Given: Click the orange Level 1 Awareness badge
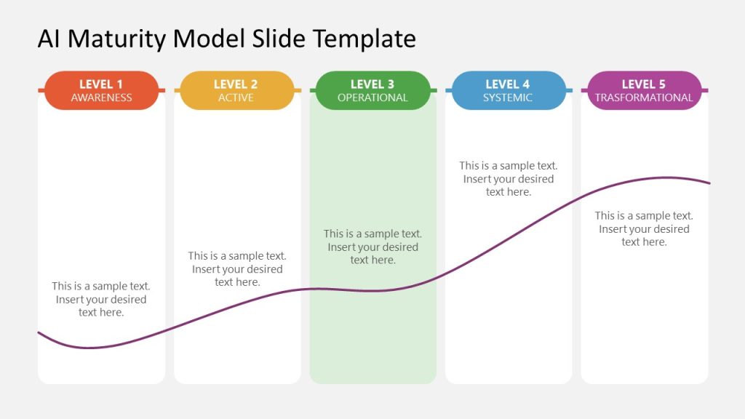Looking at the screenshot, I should pos(101,90).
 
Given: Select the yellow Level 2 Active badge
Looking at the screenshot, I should pos(237,90).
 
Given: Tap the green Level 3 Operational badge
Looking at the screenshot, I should pos(372,90).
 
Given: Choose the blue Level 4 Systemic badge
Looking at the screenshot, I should pos(508,90).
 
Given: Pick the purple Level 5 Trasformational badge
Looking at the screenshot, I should pos(644,90).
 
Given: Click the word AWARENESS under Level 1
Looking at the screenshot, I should pos(101,97).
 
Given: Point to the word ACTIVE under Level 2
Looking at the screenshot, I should pos(236,97).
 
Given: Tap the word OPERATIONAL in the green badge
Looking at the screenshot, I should pos(372,97).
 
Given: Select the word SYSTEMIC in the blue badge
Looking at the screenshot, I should pos(508,97).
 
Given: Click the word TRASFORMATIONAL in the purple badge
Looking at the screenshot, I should pos(644,97).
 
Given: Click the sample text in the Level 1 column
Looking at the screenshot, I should pos(101,299).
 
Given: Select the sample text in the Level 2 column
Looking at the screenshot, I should pos(237,268).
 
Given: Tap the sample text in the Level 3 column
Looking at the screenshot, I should pos(372,247).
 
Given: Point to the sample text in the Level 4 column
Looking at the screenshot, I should pos(508,179).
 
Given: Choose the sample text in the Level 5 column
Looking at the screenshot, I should pos(644,228).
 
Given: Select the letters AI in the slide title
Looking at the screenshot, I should pos(48,39).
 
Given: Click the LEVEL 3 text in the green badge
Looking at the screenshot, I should pos(372,84).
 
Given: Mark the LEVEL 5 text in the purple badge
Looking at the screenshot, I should pos(644,84).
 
